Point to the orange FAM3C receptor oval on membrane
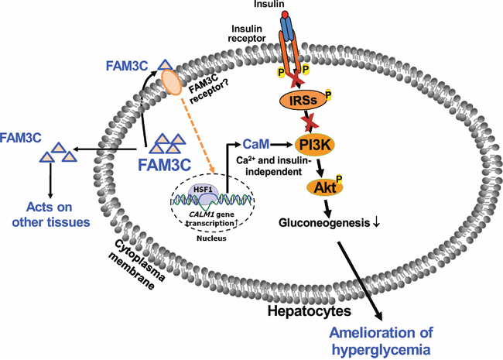[171, 80]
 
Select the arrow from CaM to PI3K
[280, 144]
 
